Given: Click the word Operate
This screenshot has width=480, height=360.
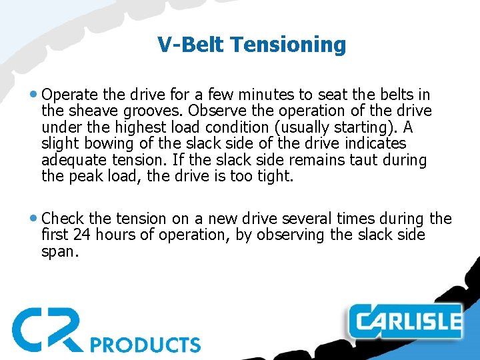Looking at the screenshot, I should click(70, 94).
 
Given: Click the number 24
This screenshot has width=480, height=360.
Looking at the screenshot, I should click(83, 235).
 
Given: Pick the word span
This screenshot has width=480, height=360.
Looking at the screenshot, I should click(59, 251).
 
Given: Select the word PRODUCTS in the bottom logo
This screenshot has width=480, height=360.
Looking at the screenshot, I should click(145, 344).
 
